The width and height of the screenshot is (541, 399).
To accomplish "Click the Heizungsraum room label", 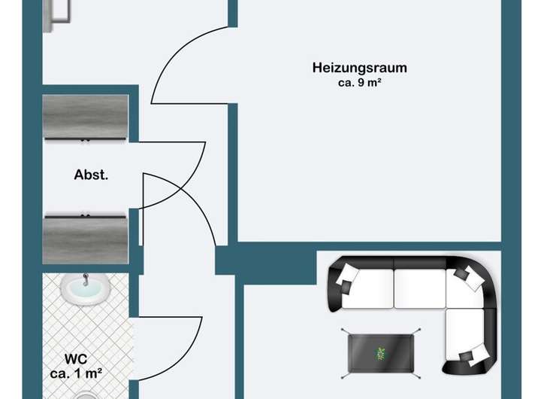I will pos(359,68).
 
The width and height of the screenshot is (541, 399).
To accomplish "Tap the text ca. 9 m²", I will pos(359,83).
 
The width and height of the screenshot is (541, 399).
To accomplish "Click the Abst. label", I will pos(91,175).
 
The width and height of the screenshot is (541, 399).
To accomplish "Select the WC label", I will pos(76,358).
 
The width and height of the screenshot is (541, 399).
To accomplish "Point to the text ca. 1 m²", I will pos(76,372).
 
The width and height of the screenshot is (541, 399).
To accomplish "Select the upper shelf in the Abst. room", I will pos(85,118).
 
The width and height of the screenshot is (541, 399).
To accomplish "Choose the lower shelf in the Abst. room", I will pos(85,238).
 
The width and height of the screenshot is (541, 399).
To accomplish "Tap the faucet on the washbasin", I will pos(85,279).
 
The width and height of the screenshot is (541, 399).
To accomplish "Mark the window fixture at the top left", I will pos(58,14).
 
